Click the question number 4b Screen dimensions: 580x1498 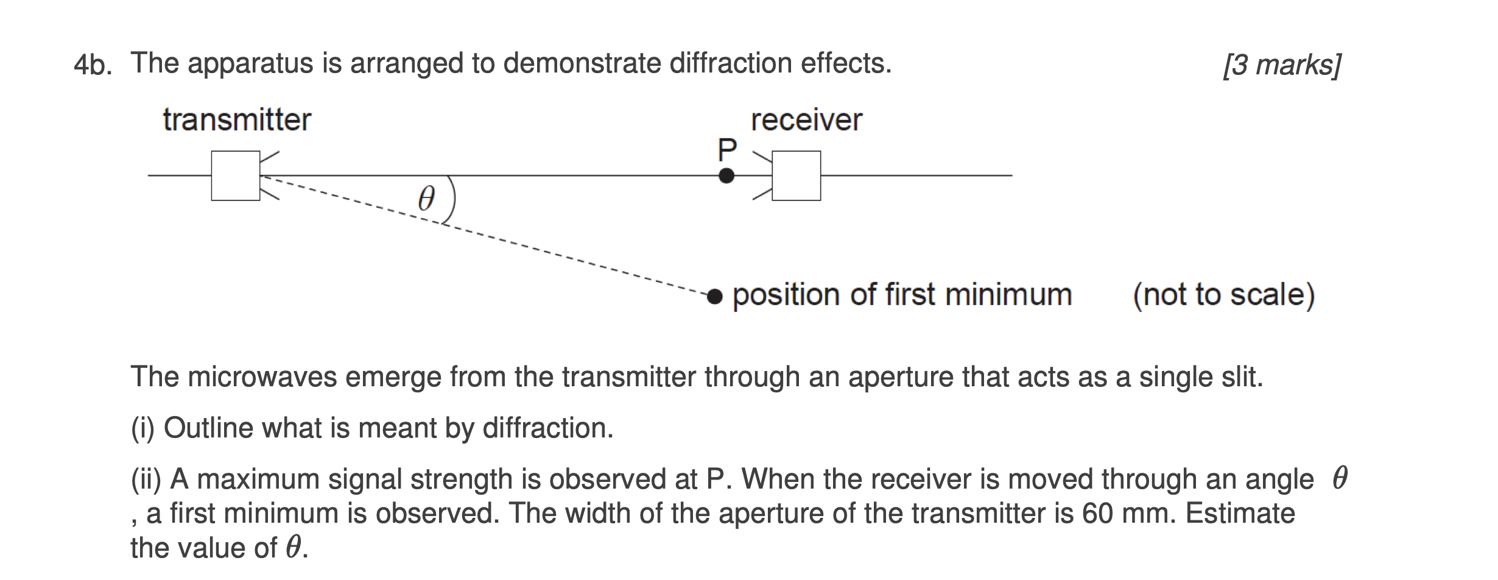[x=93, y=65]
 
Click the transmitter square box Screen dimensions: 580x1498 [x=236, y=175]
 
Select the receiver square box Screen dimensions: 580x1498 [x=796, y=175]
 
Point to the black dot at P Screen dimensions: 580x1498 [x=726, y=176]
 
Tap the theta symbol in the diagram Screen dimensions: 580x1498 [x=427, y=199]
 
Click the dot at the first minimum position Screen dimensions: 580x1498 [x=716, y=296]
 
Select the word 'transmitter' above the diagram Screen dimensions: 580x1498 [x=237, y=119]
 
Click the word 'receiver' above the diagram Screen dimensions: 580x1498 [x=806, y=119]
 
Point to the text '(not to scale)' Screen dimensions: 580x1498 [x=1223, y=295]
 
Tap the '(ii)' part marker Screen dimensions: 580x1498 [x=146, y=479]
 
